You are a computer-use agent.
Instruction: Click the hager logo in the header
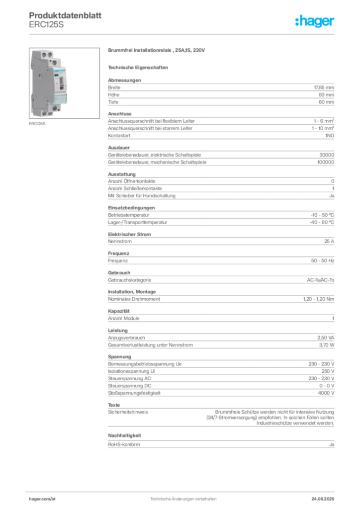[x=314, y=21]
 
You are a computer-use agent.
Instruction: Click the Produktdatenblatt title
[x=65, y=15]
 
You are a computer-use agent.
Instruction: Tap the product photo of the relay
[x=64, y=83]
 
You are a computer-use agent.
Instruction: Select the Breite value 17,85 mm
[x=324, y=87]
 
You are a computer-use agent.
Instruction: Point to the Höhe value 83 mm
[x=326, y=95]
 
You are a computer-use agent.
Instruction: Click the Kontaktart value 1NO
[x=330, y=136]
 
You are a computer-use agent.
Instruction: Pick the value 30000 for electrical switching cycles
[x=327, y=155]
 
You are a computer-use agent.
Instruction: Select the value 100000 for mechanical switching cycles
[x=326, y=162]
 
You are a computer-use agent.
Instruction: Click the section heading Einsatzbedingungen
[x=131, y=208]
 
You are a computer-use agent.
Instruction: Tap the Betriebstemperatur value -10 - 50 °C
[x=322, y=215]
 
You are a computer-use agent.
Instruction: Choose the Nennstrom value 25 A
[x=329, y=241]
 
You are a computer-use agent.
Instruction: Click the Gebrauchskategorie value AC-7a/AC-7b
[x=320, y=280]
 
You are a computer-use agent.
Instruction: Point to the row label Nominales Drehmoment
[x=134, y=299]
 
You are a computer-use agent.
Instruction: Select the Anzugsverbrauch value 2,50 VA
[x=326, y=338]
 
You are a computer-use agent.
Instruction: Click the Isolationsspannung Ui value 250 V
[x=328, y=371]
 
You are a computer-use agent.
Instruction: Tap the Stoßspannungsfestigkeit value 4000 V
[x=326, y=393]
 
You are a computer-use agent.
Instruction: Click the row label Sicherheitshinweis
[x=128, y=412]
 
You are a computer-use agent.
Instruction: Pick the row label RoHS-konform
[x=124, y=444]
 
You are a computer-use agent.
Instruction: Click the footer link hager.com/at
[x=42, y=499]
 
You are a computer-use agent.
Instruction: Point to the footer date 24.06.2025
[x=323, y=499]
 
